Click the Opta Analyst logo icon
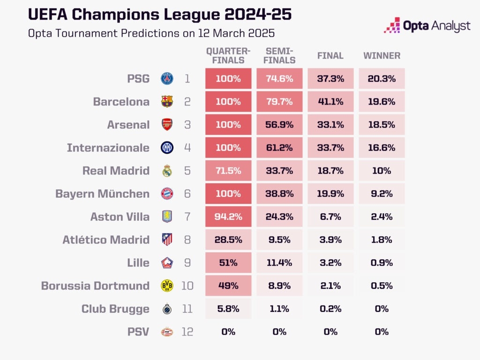[x=392, y=25]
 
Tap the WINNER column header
[x=382, y=56]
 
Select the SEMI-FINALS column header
[x=279, y=56]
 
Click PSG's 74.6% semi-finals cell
[x=279, y=79]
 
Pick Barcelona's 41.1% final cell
[x=330, y=102]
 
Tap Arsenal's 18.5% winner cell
[x=382, y=125]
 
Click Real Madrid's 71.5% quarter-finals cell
[x=228, y=171]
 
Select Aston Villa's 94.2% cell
[x=228, y=217]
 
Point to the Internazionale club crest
[x=167, y=148]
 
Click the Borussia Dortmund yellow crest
[x=167, y=285]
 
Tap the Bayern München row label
[x=102, y=194]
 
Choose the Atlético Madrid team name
[x=106, y=240]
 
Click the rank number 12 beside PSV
[x=187, y=332]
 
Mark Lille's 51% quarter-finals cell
[x=228, y=262]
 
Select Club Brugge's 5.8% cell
[x=228, y=308]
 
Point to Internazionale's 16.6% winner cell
[x=382, y=148]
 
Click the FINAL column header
[x=330, y=56]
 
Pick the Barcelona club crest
[x=167, y=102]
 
